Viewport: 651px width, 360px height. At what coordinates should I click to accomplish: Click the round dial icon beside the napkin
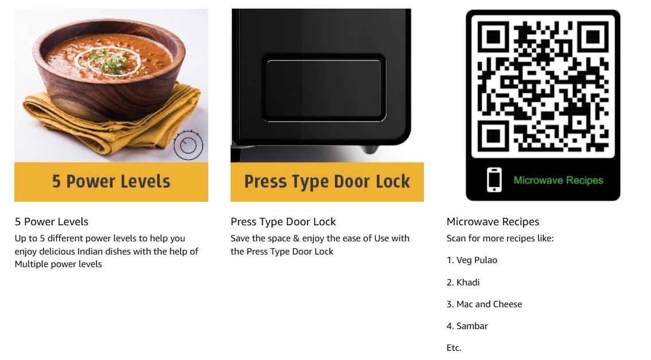pos(188,145)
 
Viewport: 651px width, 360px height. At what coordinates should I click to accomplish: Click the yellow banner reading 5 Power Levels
pos(111,182)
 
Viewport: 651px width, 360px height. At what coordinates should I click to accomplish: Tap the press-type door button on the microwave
pos(324,88)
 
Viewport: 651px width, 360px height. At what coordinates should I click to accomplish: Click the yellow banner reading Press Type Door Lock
pos(327,182)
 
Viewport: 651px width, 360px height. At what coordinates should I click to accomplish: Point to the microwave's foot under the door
pos(370,149)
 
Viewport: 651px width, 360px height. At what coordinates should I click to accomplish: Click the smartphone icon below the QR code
pos(494,180)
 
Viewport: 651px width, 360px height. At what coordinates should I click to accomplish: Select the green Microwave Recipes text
pos(559,181)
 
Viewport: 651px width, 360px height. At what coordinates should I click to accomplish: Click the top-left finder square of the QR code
pos(493,37)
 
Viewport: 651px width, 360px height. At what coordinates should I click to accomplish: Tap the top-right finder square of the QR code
pos(593,37)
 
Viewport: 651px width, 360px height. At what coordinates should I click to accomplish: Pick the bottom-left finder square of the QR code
pos(493,136)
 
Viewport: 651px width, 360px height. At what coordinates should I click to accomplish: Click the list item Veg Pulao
pos(472,260)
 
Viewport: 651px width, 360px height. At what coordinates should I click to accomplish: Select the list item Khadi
pos(463,283)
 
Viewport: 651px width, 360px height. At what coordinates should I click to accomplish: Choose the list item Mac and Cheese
pos(485,304)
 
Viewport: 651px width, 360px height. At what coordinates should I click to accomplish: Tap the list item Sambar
pos(467,326)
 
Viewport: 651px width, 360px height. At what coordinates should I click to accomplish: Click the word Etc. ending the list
pos(454,347)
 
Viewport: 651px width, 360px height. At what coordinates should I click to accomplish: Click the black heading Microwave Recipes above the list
pos(493,222)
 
